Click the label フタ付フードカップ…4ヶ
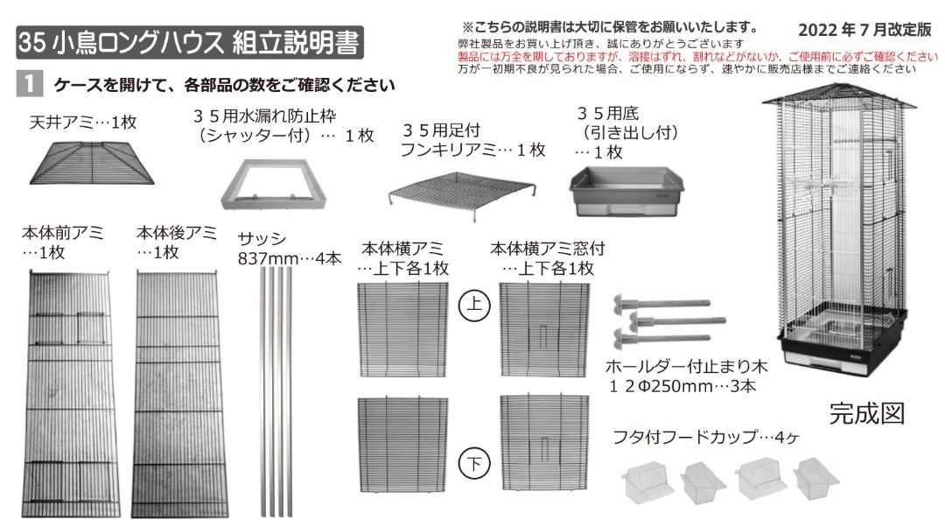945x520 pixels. pos(707,436)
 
